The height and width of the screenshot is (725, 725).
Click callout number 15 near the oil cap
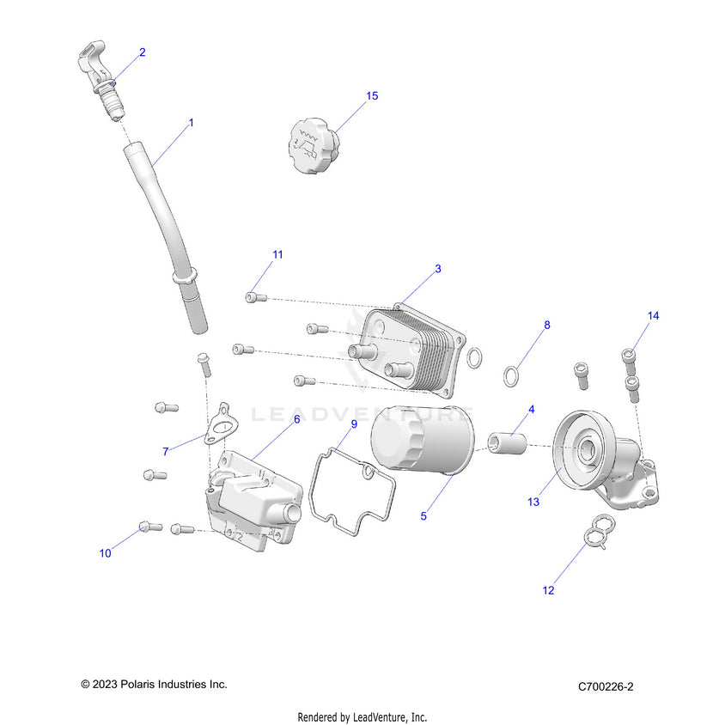tap(372, 96)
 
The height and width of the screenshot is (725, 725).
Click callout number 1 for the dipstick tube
tap(191, 123)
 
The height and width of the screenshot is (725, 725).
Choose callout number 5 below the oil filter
tap(422, 516)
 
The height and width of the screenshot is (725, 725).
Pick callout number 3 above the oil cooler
tap(437, 269)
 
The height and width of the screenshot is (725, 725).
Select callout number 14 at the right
tap(653, 316)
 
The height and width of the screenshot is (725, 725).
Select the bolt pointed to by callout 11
tap(253, 297)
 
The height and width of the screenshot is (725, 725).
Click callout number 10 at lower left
tap(105, 553)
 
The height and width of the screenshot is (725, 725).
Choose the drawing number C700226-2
tap(605, 686)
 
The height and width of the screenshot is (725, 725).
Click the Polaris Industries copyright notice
tap(154, 685)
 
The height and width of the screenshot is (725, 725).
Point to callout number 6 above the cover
tap(296, 419)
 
